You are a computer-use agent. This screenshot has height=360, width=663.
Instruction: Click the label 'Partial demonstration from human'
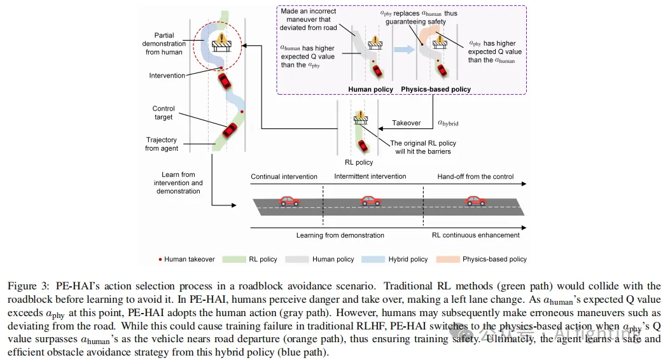(x=164, y=44)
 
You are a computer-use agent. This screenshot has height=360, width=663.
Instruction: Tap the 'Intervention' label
(x=167, y=76)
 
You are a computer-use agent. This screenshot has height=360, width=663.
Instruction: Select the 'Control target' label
(x=164, y=113)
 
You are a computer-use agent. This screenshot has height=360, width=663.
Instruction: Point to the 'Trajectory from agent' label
(x=161, y=144)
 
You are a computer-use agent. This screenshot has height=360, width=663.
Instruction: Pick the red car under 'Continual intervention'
(x=290, y=202)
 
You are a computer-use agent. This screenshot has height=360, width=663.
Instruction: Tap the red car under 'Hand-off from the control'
(x=475, y=202)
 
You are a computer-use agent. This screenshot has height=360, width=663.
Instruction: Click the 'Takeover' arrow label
(x=406, y=123)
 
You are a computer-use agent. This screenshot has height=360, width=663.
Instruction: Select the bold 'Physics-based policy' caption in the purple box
(x=436, y=89)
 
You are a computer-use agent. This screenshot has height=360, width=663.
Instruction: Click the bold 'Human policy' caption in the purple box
(x=370, y=89)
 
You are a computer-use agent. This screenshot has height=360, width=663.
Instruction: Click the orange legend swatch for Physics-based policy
(x=447, y=259)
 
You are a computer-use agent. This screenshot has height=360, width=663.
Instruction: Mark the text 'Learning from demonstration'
(x=340, y=235)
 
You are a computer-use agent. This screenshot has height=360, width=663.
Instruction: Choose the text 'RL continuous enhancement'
(x=475, y=235)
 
